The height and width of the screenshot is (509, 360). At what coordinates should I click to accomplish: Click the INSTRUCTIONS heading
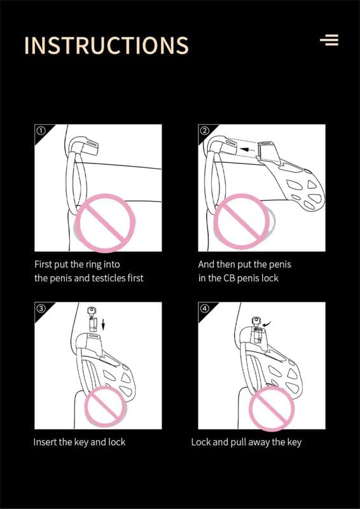click(x=106, y=45)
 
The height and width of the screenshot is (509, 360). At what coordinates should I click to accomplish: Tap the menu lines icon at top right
click(x=329, y=40)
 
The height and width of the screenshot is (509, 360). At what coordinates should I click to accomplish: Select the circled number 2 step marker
click(x=204, y=131)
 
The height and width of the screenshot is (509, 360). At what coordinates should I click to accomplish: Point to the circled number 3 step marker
click(x=40, y=309)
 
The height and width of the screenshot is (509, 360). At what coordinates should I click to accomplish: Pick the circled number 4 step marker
click(x=204, y=309)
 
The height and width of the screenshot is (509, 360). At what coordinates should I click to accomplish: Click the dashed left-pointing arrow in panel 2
click(x=249, y=150)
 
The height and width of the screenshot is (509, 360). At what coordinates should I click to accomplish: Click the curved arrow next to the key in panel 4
click(x=268, y=324)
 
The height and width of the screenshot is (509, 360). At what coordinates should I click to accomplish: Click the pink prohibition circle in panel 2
click(x=242, y=221)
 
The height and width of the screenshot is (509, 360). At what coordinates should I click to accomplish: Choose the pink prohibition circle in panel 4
click(x=272, y=408)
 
